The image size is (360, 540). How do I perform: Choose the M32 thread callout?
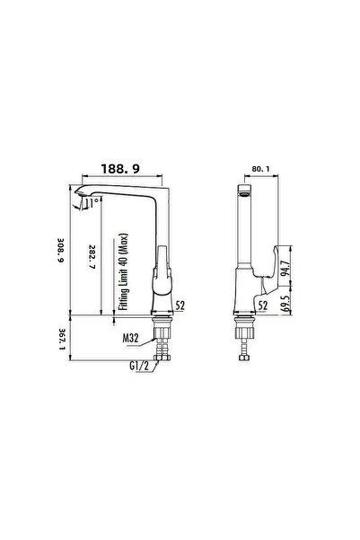click(x=131, y=339)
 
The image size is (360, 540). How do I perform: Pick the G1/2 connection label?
click(x=137, y=366)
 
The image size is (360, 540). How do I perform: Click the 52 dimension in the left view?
click(x=180, y=305)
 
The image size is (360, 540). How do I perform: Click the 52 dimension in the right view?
click(x=263, y=305)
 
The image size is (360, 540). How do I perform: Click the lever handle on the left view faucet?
click(x=162, y=270)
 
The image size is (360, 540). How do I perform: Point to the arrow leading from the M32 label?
click(x=148, y=336)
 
